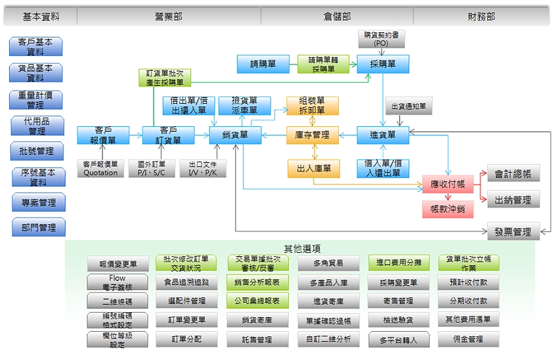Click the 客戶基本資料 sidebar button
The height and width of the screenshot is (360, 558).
point(36,47)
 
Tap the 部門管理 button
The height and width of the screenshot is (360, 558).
point(37,227)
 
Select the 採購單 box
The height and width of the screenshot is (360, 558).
point(383,64)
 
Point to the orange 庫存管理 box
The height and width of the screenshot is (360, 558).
point(312,135)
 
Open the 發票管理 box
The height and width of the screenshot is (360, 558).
point(513,231)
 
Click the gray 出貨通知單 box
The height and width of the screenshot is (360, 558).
point(408,106)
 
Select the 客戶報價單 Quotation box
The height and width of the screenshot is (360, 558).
point(101,168)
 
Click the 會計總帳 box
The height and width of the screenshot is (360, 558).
point(513,174)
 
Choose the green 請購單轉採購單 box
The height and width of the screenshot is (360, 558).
point(322,64)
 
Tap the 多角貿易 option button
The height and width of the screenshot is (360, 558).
point(328,263)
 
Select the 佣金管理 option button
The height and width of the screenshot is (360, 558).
point(469,339)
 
